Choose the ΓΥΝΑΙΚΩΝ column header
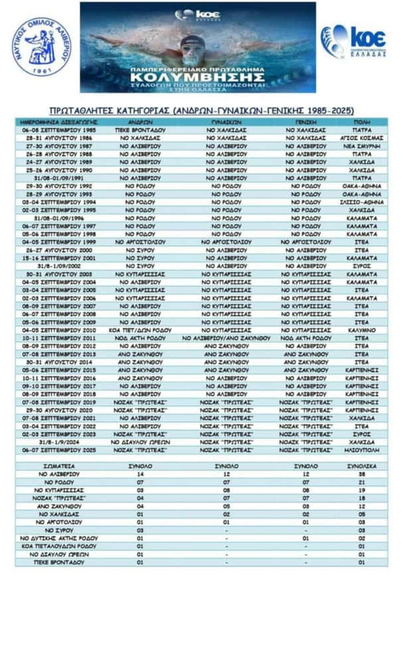[x=226, y=123]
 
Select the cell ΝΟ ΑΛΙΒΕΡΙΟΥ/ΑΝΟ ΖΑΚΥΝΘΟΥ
[x=226, y=338]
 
